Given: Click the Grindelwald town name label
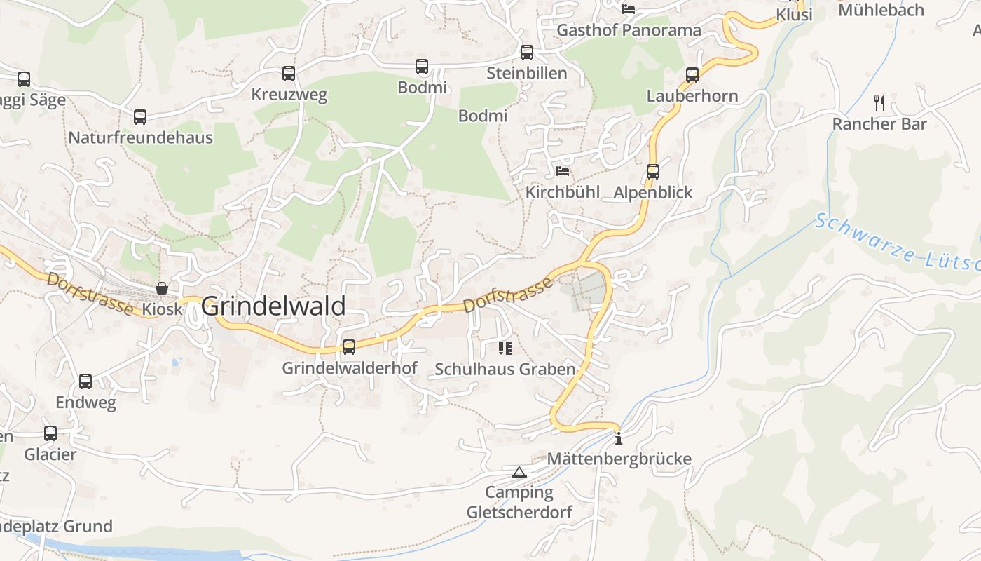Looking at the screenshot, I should click(x=273, y=306).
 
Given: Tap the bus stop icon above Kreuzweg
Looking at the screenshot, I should click(x=288, y=74).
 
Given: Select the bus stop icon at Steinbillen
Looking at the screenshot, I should click(x=526, y=53).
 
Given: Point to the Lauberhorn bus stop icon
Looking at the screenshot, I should click(x=692, y=75).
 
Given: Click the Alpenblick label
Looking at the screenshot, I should click(x=652, y=192).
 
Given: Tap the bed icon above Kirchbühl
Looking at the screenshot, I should click(x=563, y=170).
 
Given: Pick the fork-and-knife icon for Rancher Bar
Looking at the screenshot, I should click(x=879, y=103).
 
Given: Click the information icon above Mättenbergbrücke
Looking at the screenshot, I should click(x=618, y=439).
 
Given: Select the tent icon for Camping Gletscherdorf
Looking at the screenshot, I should click(x=519, y=472).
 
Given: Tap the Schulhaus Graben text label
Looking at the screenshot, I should click(x=505, y=369).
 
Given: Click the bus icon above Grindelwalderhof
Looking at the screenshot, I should click(x=348, y=346).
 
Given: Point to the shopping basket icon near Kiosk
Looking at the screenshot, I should click(x=162, y=288).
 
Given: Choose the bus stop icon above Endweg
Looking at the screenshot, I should click(x=85, y=381).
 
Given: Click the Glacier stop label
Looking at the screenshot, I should click(x=50, y=454).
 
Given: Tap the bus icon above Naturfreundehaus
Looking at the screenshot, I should click(x=140, y=117).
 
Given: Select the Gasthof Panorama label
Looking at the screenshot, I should click(x=629, y=30).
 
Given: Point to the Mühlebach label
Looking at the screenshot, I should click(x=881, y=11).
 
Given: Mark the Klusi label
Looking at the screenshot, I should click(x=794, y=15).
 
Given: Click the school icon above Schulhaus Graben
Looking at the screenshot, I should click(x=505, y=348).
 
